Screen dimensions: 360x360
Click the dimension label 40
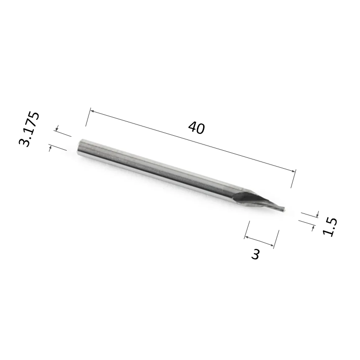tap(196, 128)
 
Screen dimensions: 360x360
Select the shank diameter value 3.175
tap(29, 129)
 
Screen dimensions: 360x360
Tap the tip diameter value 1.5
tap(330, 226)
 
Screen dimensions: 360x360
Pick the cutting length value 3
tap(255, 255)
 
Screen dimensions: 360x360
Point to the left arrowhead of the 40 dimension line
tap(92, 111)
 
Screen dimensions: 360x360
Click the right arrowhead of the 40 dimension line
tap(294, 171)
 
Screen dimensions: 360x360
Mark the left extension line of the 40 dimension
tap(88, 117)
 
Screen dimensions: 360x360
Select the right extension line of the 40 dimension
tap(294, 178)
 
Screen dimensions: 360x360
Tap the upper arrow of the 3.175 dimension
tap(57, 128)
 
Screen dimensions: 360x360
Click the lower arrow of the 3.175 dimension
tap(50, 148)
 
